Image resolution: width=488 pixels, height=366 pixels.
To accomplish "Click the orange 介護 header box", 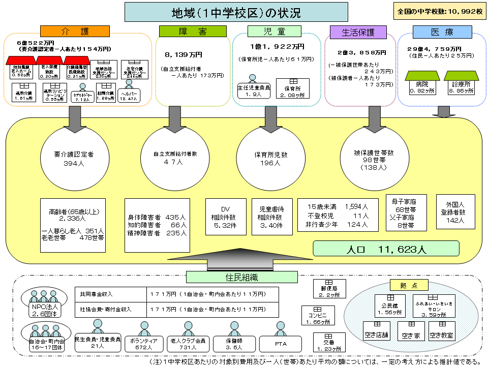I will click(x=75, y=32).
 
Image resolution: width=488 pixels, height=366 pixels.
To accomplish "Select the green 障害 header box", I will click(x=193, y=32).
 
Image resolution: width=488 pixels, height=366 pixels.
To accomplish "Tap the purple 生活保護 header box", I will click(x=358, y=32).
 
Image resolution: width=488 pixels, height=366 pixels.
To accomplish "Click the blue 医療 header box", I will click(x=435, y=32).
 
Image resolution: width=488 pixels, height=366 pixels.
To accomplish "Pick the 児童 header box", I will click(x=274, y=32).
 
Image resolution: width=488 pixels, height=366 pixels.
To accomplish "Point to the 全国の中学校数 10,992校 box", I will click(x=440, y=10).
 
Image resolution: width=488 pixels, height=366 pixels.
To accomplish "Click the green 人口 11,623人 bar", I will click(x=386, y=249).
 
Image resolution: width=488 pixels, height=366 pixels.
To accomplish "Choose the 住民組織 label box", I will click(x=241, y=277).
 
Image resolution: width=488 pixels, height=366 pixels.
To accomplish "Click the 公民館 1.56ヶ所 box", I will click(x=389, y=305).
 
